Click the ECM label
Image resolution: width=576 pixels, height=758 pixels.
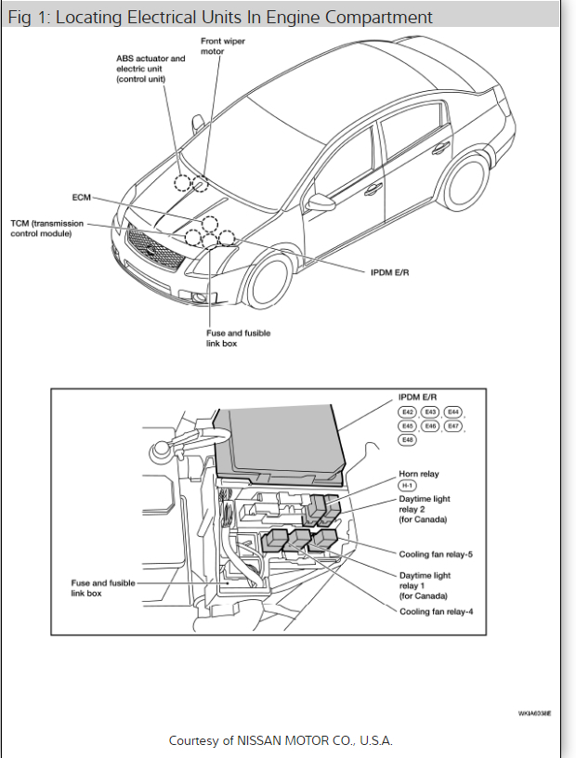(81, 197)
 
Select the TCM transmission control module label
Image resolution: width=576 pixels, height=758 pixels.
(46, 228)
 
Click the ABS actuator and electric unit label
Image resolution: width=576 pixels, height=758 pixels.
(151, 69)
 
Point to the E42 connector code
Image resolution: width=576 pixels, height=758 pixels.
(408, 412)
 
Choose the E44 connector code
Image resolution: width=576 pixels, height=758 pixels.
(452, 412)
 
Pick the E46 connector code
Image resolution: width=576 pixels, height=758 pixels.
(430, 425)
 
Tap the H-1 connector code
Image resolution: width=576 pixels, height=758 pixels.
(407, 486)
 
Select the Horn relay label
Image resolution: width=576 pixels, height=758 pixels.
(419, 474)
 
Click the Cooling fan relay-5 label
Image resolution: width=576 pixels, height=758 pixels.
(436, 554)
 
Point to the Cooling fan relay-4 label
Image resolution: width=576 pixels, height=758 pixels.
(436, 611)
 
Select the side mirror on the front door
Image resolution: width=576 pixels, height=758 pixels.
(321, 202)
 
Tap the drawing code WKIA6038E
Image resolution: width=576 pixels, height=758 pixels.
(534, 713)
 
